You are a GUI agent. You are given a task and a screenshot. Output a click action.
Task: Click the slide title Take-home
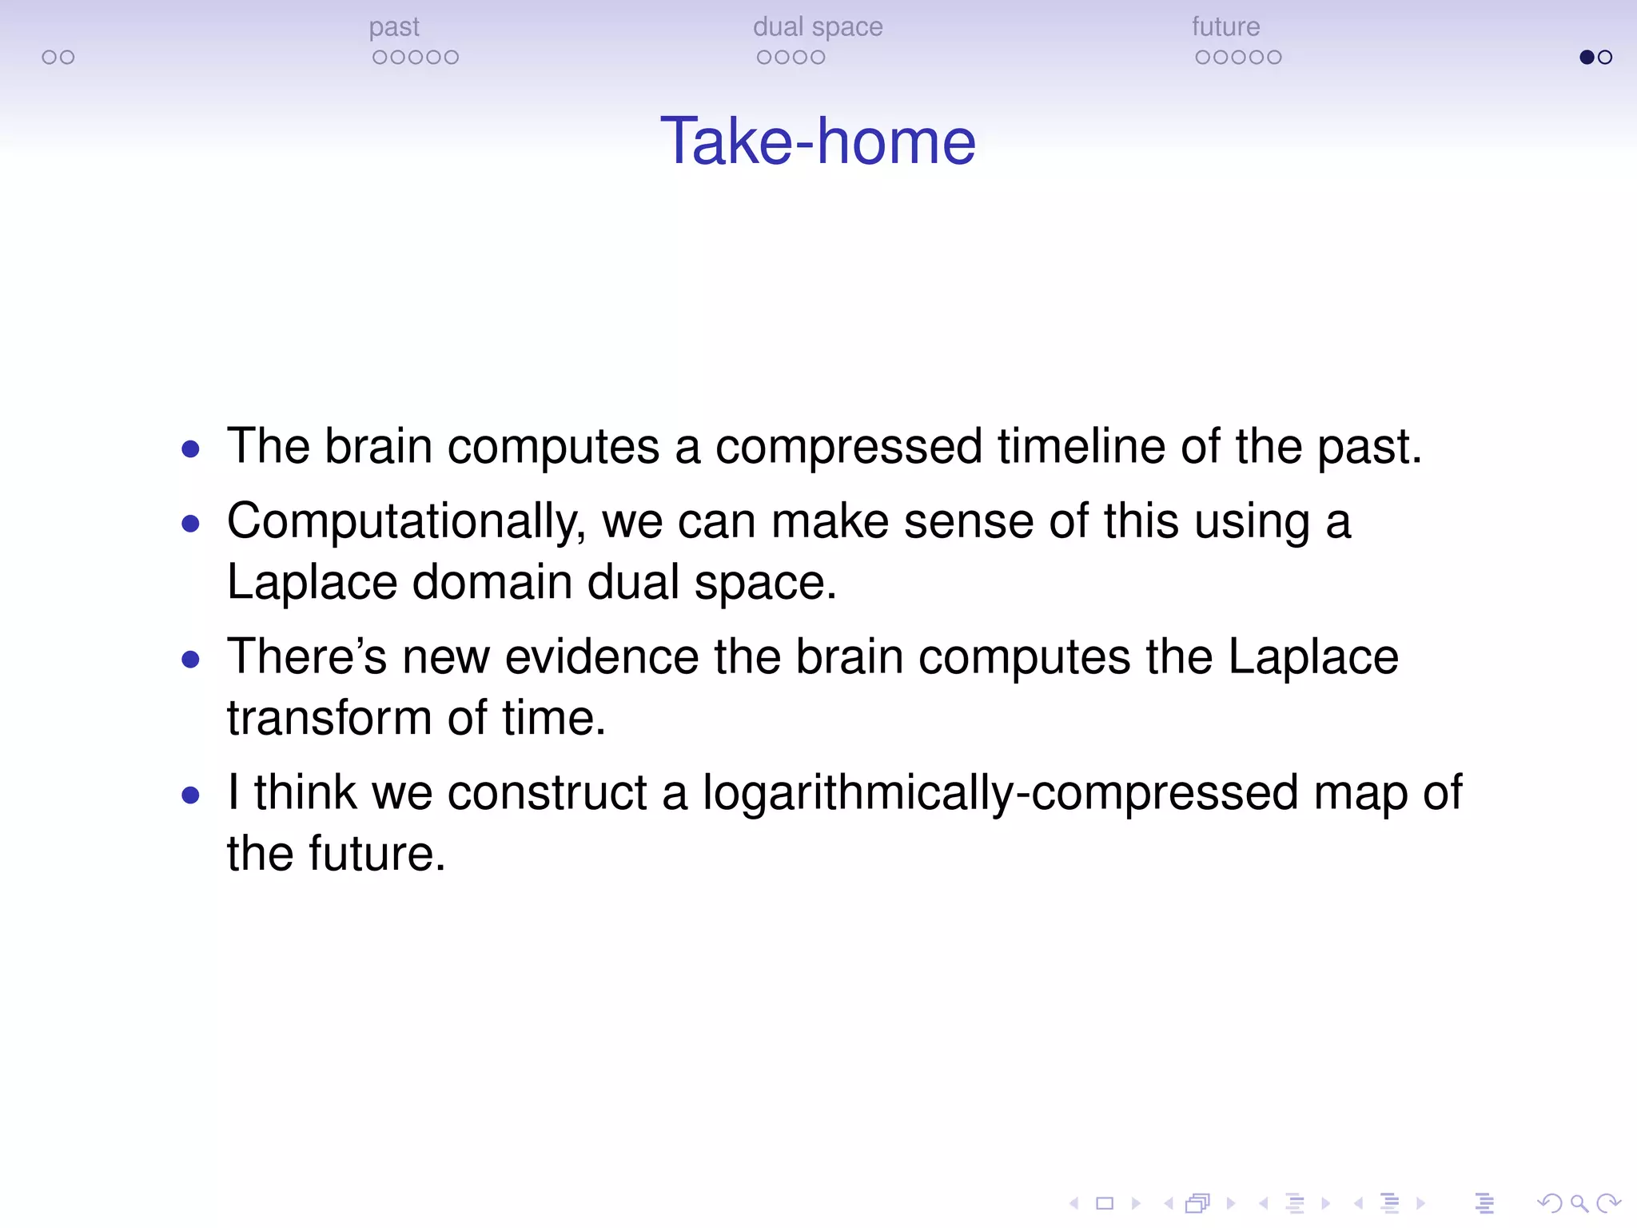coord(818,142)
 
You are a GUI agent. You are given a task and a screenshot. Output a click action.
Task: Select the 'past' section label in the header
coord(394,28)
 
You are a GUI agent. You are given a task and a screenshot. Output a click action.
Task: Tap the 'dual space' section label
coord(818,27)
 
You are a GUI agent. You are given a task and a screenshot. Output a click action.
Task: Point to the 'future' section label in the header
coord(1225,27)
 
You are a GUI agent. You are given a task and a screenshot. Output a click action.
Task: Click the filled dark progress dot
coord(1587,57)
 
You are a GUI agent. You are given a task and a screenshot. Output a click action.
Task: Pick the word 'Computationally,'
coord(406,522)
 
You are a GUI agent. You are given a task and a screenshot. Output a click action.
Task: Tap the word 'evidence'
coord(602,656)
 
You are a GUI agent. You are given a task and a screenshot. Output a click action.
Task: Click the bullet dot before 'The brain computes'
coord(190,449)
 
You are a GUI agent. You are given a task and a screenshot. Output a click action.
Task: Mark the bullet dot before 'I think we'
coord(190,795)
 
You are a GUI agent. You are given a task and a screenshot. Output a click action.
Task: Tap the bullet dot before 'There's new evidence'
coord(190,660)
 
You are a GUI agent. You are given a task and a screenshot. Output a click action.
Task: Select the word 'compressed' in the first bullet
coord(849,447)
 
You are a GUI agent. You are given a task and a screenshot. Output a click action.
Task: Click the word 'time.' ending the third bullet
coord(554,717)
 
